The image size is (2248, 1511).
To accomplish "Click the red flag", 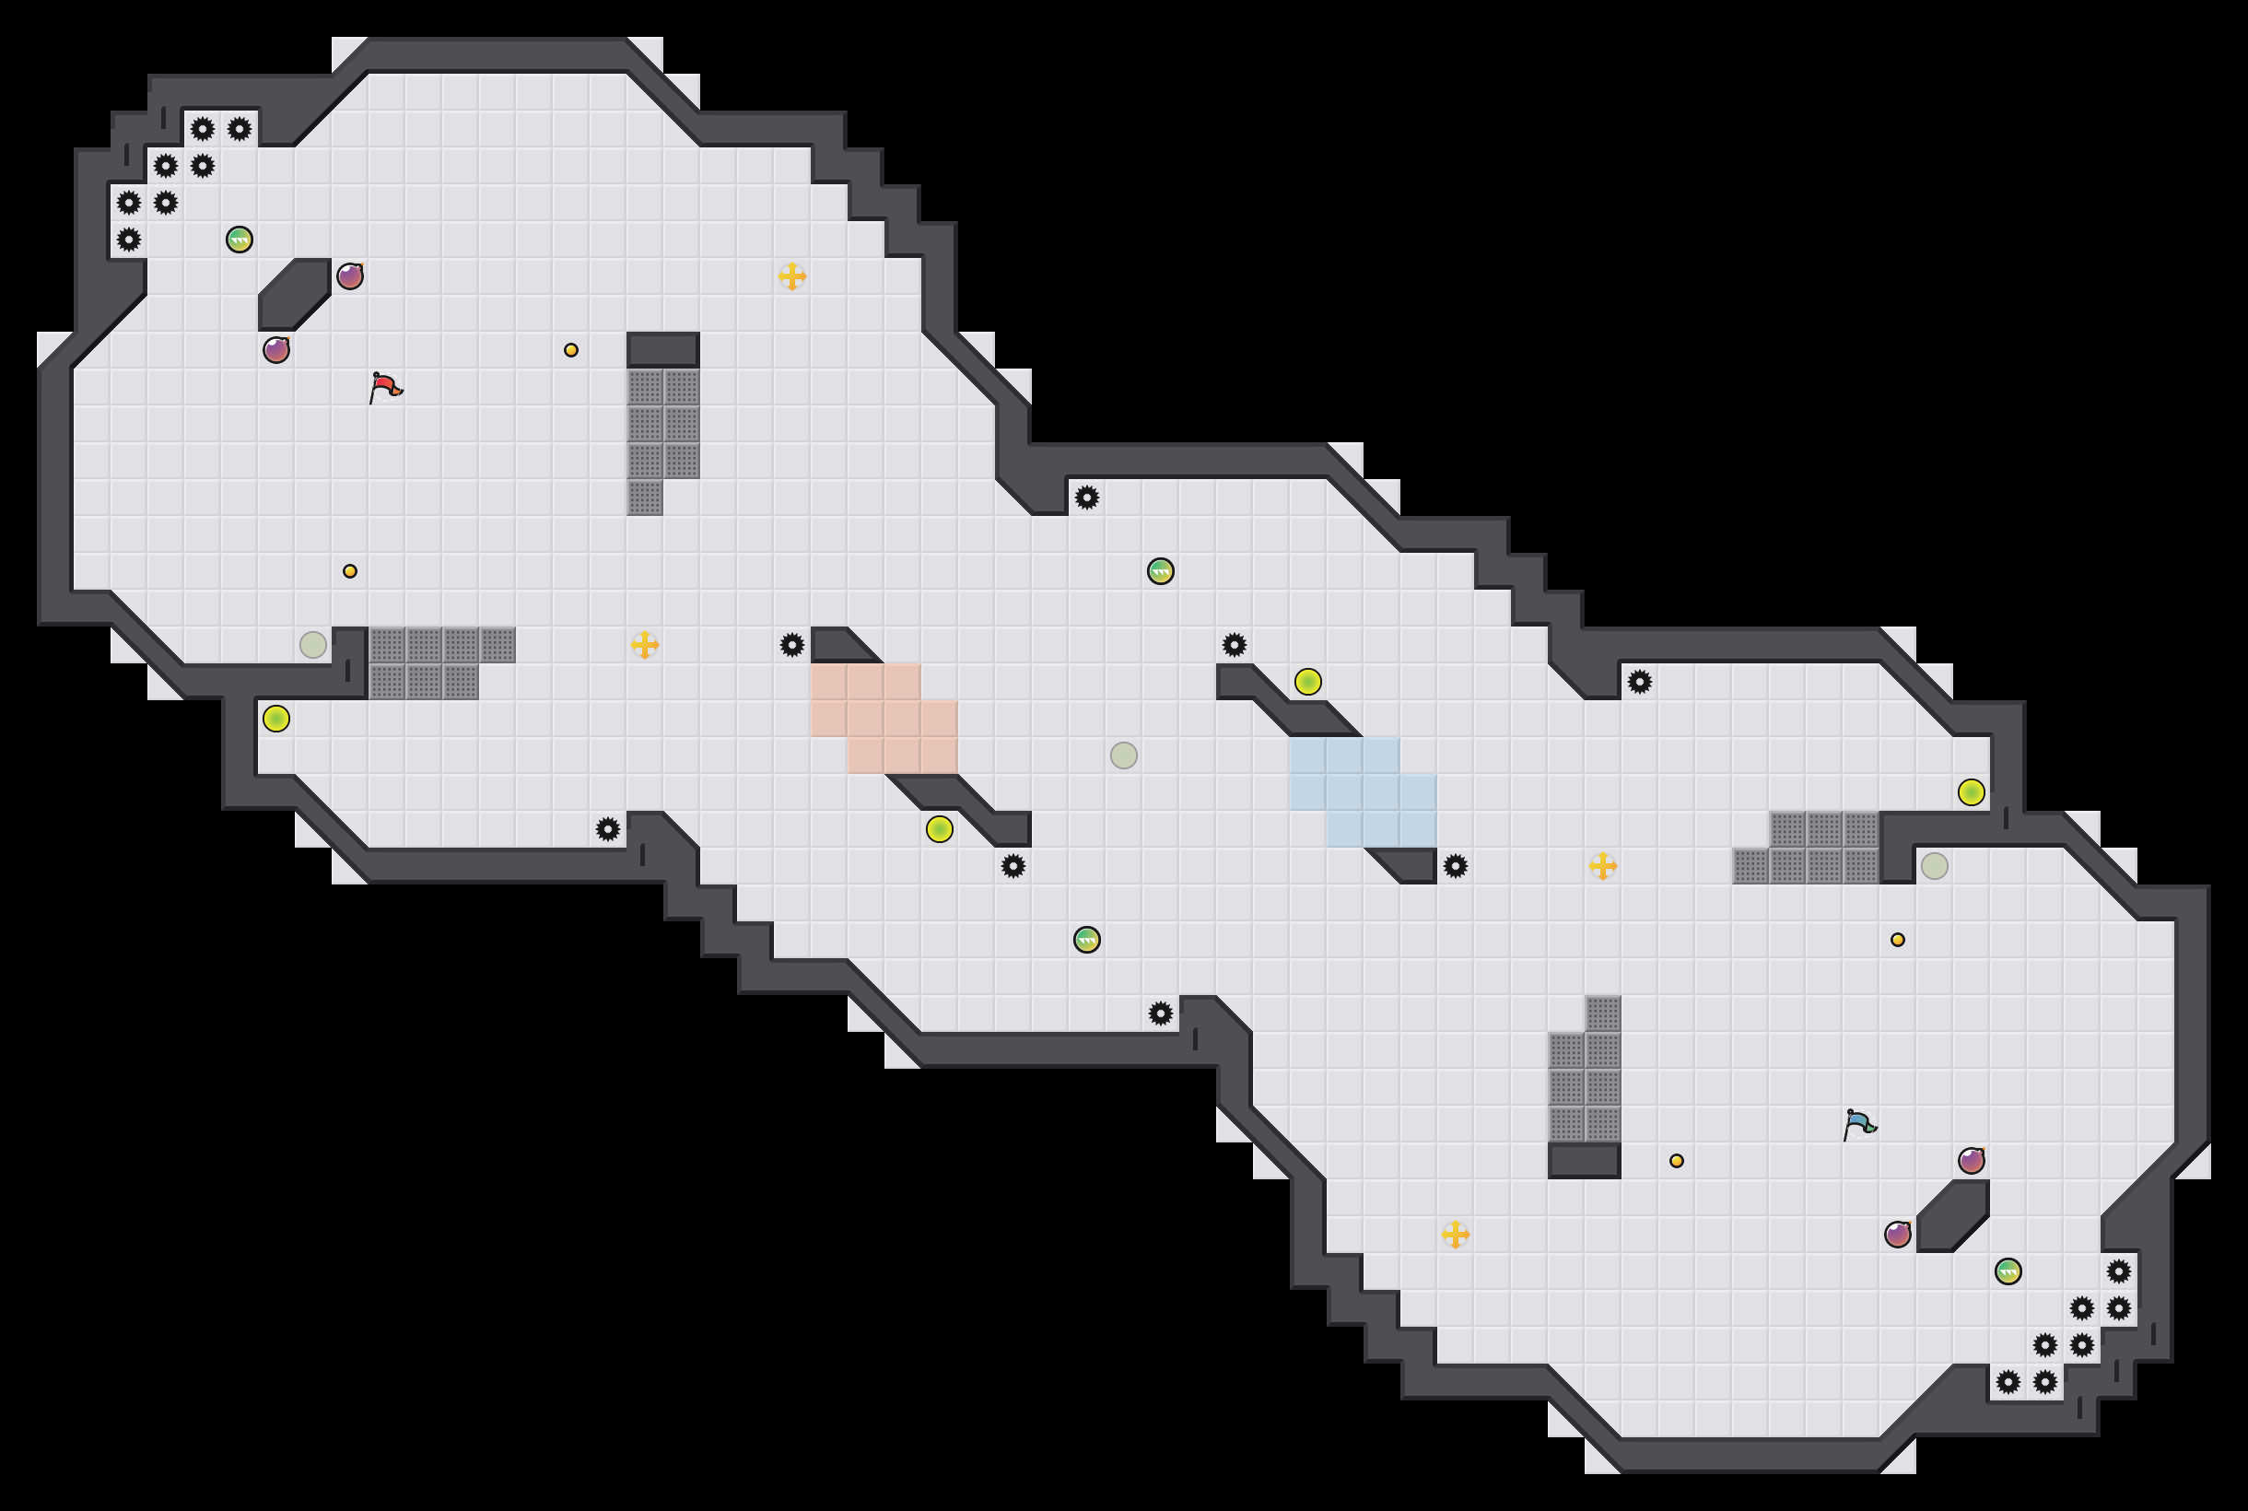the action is coord(384,387).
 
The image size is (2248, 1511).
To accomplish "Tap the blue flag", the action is coord(1858,1125).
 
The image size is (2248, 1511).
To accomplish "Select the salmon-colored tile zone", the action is coord(884,718).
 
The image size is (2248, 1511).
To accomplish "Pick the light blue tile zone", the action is coord(1363,791).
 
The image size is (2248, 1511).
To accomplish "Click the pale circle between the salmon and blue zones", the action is coord(1123,755).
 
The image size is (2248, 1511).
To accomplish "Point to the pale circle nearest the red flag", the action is coord(313,645).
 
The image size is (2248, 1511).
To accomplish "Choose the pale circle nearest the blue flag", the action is coord(1934,865).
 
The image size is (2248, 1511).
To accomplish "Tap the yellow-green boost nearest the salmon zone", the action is coord(939,828).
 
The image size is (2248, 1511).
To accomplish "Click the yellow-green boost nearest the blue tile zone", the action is coord(1307,681).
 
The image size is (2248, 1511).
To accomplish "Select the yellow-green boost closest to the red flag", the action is coord(276,718).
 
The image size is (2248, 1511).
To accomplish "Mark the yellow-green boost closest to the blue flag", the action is coord(1971,792).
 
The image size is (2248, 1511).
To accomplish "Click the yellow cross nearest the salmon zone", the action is coord(645,645).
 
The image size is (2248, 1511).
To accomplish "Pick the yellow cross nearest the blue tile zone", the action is coord(1602,865).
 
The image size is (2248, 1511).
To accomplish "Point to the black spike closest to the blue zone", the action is coord(1455,865).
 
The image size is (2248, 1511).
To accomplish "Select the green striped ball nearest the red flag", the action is coord(239,239).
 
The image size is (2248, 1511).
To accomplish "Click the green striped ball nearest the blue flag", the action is coord(2008,1271).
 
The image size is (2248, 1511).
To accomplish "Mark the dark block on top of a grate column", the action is coord(663,349).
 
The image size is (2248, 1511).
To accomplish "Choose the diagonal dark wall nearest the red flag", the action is coord(295,294).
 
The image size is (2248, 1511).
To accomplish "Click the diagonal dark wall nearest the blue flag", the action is coord(1952,1216).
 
